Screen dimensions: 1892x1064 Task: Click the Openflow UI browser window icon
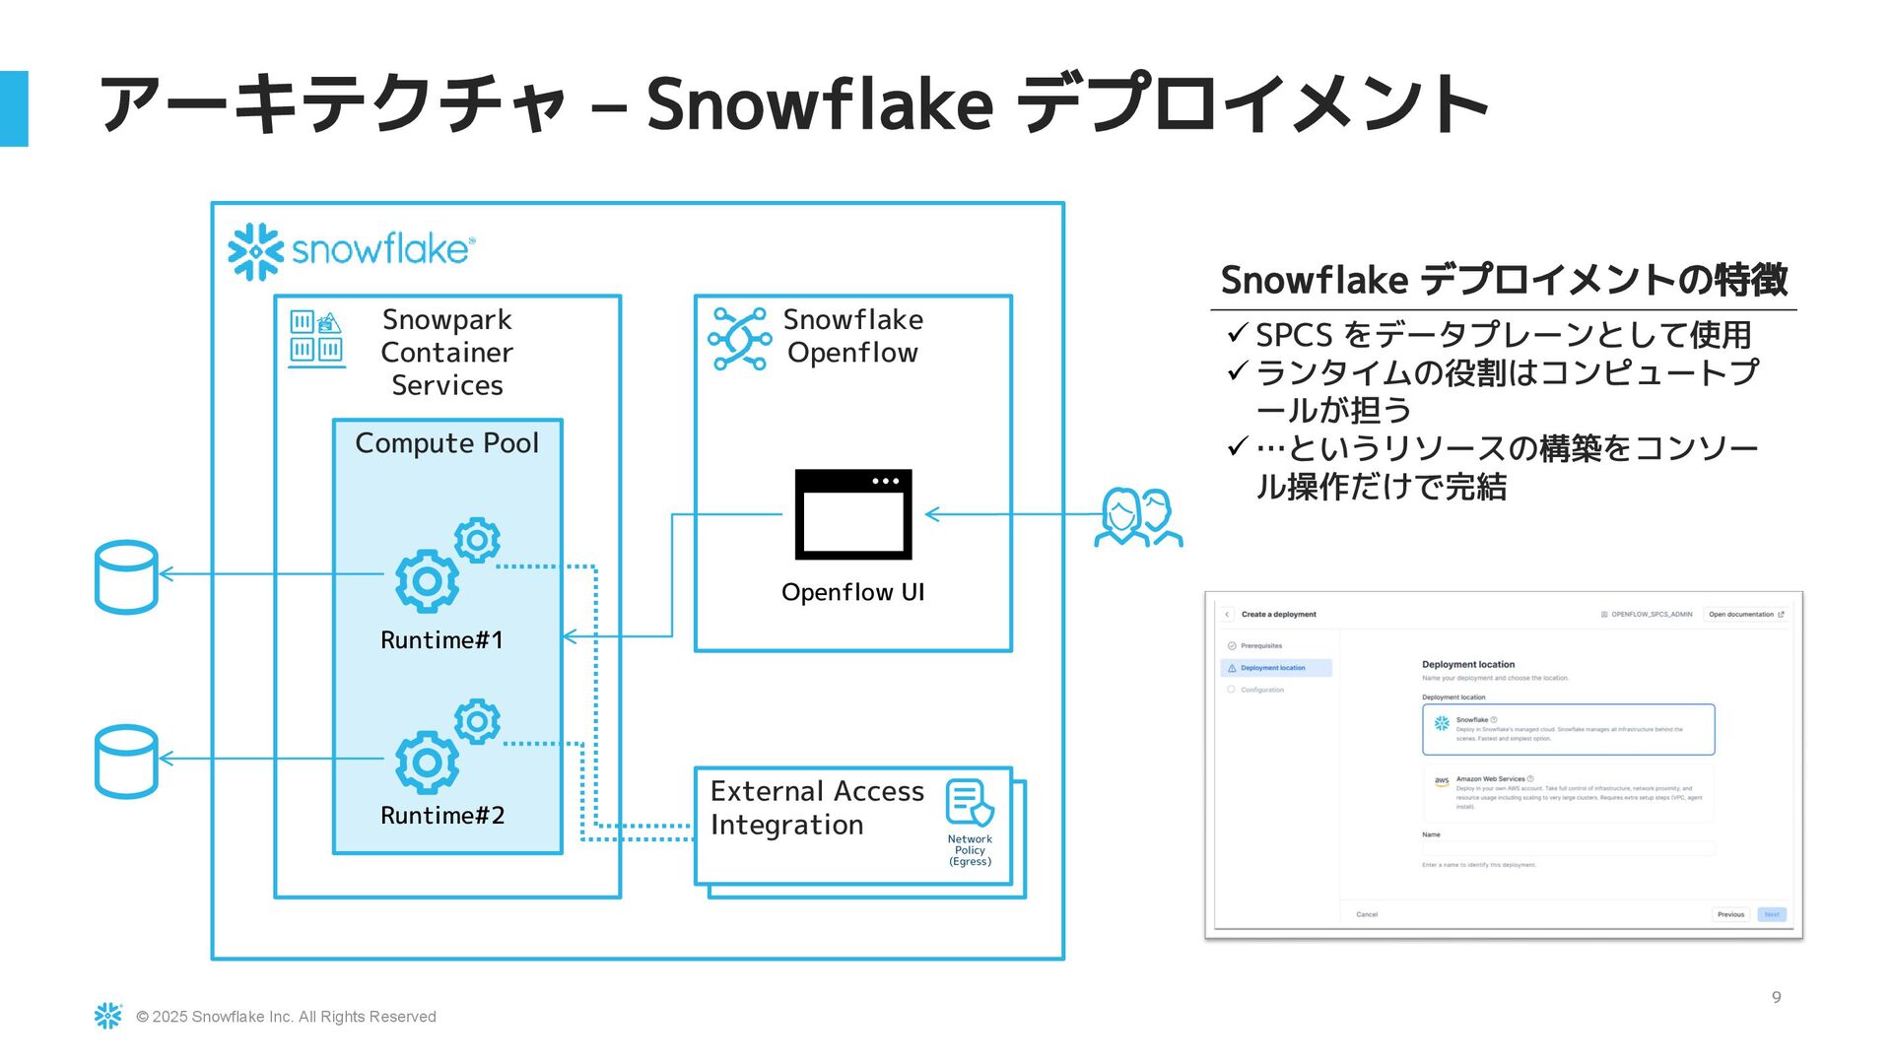853,514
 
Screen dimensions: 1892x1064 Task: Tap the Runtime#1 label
441,640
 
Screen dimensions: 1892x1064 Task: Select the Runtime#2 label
442,816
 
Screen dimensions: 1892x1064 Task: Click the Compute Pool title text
446,443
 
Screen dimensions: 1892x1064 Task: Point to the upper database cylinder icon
126,577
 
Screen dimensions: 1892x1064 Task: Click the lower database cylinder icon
126,762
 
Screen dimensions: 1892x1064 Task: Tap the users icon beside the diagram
1138,517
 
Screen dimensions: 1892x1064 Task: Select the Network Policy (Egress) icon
970,803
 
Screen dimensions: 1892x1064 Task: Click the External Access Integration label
817,808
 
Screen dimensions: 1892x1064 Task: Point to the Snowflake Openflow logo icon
740,338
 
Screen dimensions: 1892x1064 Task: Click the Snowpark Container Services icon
316,337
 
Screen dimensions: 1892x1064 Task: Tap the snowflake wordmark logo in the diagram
352,251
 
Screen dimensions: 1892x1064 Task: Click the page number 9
1777,997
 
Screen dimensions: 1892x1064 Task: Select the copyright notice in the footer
286,1017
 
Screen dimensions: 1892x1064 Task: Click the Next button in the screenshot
1772,914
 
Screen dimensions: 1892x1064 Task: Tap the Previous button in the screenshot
1730,914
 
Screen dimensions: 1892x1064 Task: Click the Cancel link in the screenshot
1367,914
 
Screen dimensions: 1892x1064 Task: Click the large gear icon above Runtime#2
427,762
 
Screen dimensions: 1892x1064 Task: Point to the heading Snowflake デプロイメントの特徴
1504,280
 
